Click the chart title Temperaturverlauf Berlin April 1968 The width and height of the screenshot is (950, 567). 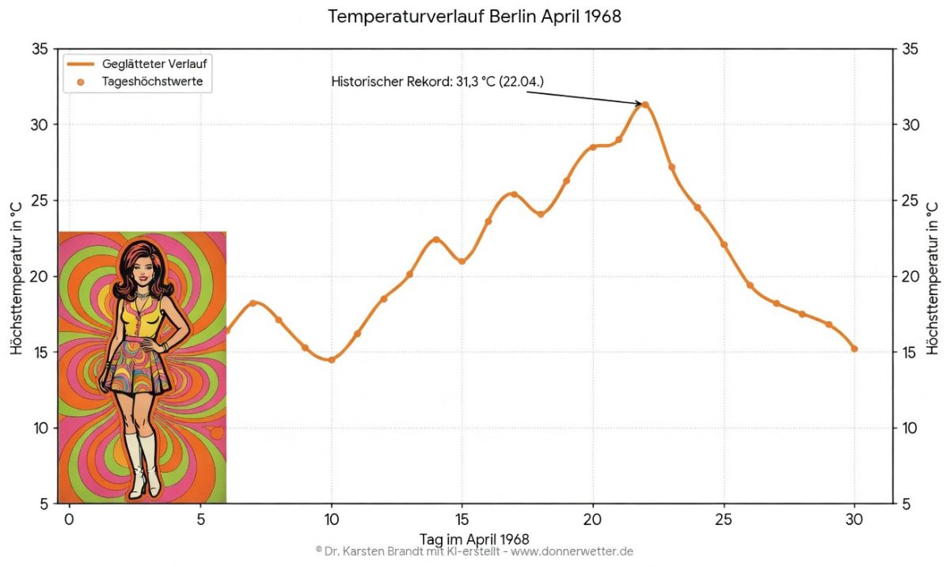474,17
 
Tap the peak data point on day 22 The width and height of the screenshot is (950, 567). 645,104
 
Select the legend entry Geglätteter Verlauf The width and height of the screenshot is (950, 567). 154,63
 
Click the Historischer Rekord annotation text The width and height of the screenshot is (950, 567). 438,81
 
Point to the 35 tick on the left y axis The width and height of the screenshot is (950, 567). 40,49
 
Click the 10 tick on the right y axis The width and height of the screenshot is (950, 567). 910,428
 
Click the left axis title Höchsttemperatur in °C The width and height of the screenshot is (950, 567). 16,276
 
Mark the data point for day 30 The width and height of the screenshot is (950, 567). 854,349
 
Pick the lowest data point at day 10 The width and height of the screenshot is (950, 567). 332,360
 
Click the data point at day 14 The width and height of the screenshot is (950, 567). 436,240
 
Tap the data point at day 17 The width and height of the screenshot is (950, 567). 514,195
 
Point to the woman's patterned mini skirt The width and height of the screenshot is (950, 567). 139,368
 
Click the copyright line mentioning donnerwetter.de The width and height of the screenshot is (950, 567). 474,551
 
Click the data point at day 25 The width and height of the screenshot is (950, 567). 724,245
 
